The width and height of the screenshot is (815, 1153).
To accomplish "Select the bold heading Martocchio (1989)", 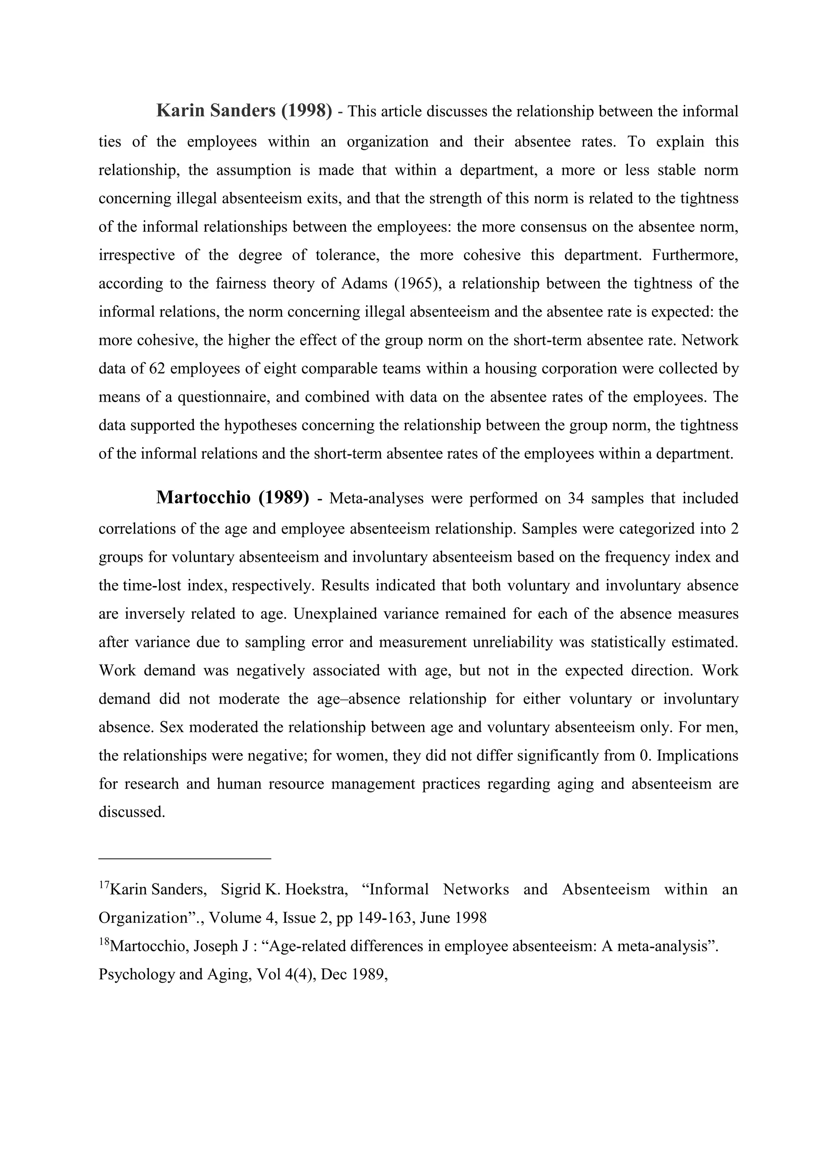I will [x=232, y=498].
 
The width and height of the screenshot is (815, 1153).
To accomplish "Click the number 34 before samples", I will [x=576, y=498].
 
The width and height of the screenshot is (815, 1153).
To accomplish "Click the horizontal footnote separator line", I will [x=185, y=859].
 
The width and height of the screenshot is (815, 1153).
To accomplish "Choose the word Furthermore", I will [x=695, y=255].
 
